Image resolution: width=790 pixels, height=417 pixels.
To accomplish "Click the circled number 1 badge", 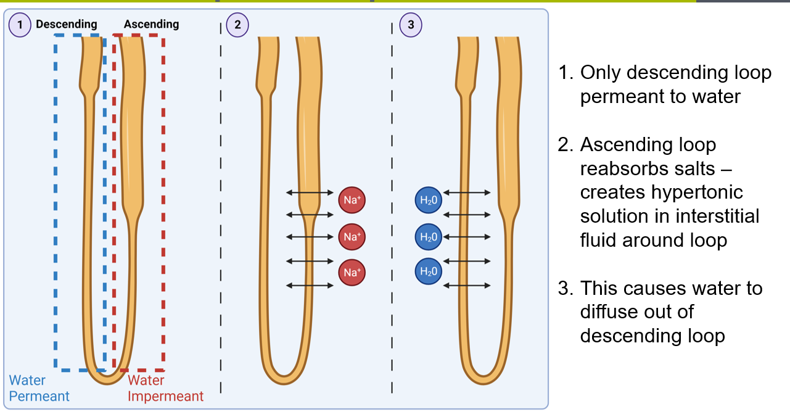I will point(20,25).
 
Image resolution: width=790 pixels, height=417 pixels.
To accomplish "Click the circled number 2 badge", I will point(237,25).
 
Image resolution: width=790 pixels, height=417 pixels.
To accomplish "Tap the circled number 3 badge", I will point(411,25).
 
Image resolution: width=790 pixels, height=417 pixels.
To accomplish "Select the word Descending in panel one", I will point(67,24).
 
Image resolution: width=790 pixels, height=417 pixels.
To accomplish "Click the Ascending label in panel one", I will point(151,24).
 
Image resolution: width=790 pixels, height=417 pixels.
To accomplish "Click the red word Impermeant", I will point(165,396).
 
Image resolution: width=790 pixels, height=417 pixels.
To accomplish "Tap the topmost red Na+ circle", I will point(351,200).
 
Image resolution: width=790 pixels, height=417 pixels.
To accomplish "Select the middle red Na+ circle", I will point(351,236).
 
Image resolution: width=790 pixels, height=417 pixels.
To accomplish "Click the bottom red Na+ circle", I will point(351,272).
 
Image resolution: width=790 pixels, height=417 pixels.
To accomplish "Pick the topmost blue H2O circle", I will point(428,200).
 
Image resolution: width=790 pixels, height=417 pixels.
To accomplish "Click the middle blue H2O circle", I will point(428,236).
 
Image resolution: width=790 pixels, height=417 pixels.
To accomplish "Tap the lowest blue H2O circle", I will point(428,272).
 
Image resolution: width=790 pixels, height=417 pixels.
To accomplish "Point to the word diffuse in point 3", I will point(612,312).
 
